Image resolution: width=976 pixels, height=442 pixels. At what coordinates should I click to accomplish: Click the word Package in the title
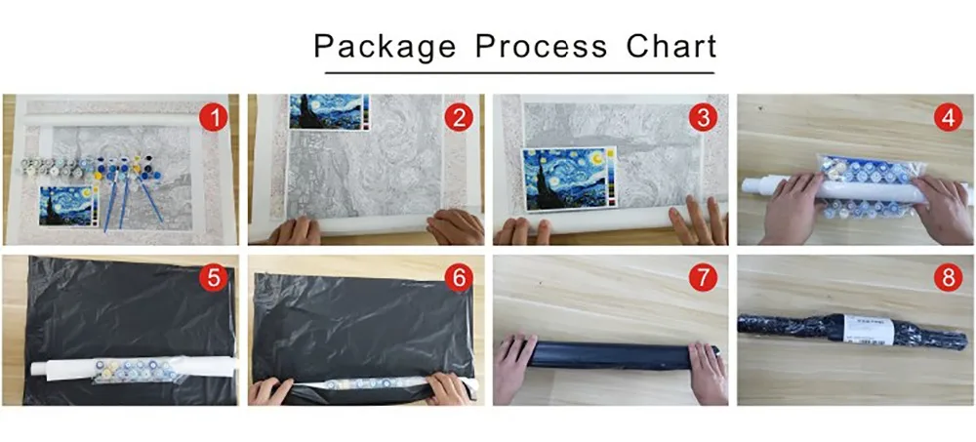(x=384, y=46)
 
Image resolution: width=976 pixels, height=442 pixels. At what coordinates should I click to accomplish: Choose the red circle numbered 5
(x=214, y=278)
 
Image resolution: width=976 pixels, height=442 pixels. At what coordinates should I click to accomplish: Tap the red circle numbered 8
(x=945, y=278)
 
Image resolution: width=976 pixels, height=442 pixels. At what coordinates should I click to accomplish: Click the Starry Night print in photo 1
(x=66, y=205)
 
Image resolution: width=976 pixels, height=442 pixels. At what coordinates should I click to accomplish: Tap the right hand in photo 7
(x=708, y=369)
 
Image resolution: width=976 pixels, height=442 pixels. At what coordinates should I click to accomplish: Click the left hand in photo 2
(x=294, y=230)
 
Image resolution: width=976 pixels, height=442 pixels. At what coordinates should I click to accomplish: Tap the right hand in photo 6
(x=448, y=388)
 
